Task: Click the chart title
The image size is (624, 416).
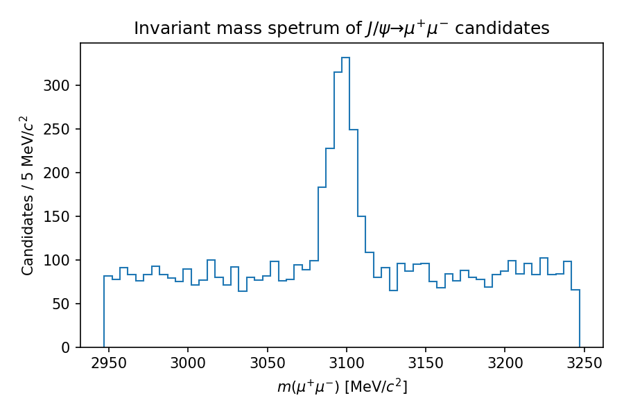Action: (341, 28)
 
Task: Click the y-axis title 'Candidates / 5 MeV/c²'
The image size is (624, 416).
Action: (28, 196)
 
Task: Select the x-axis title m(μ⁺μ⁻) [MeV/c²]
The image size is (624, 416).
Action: (342, 386)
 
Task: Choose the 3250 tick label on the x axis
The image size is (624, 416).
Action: (584, 363)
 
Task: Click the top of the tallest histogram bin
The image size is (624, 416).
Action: (346, 58)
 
